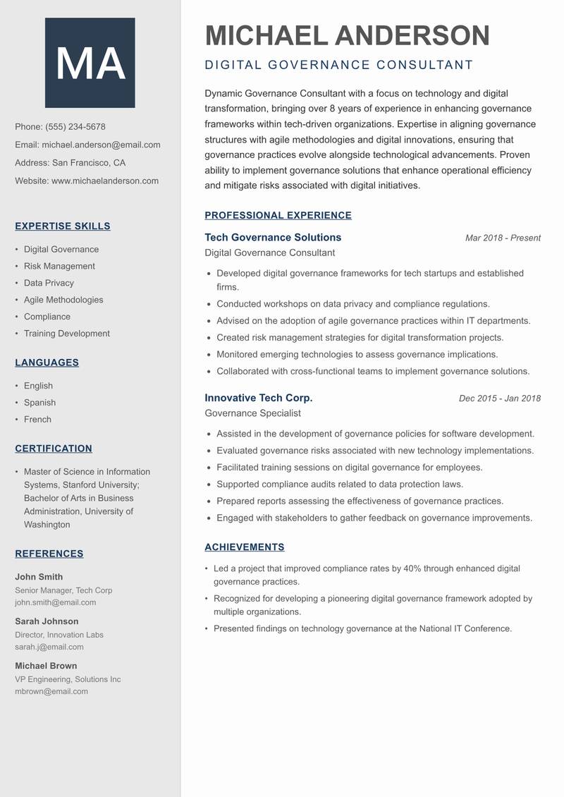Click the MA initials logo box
90,63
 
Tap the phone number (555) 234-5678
75,127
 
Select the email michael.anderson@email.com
101,145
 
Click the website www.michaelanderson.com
105,181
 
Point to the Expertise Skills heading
63,226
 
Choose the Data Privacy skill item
49,283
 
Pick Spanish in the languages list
39,403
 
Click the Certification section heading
54,449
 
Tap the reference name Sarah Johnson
47,621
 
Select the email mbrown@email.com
51,692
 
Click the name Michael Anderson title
347,35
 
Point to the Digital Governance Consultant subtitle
338,66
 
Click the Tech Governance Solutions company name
273,238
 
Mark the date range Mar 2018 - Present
503,238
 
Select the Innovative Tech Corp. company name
259,398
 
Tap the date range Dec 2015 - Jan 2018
499,399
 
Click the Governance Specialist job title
252,413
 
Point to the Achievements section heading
245,547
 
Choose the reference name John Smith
39,577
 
